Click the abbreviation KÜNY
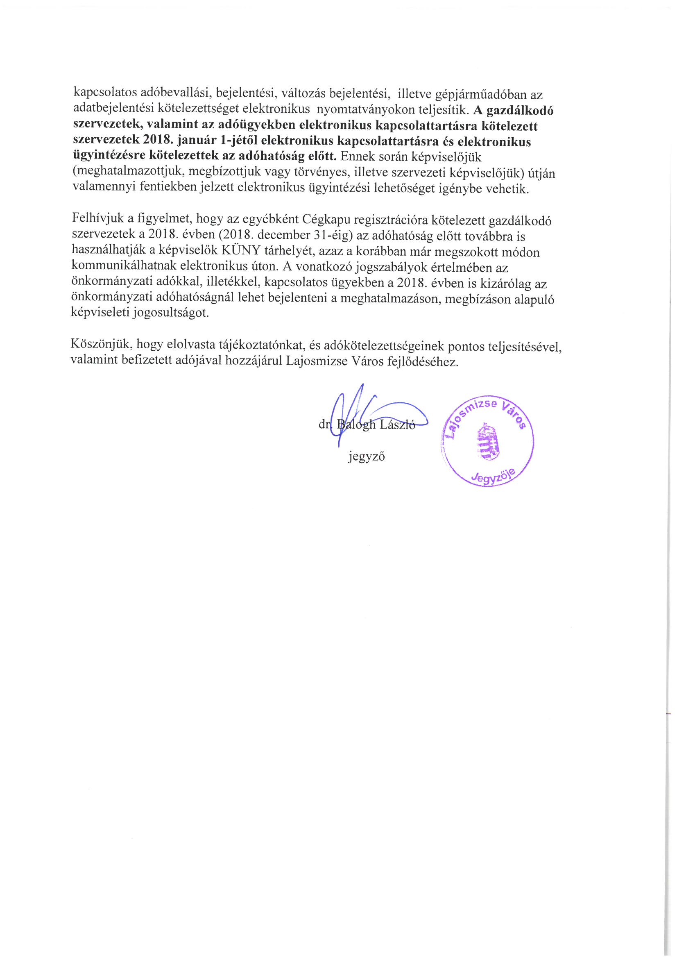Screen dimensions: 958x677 coord(242,251)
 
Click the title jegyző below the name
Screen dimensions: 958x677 coord(366,456)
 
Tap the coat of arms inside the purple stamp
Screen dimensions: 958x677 coord(487,442)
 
